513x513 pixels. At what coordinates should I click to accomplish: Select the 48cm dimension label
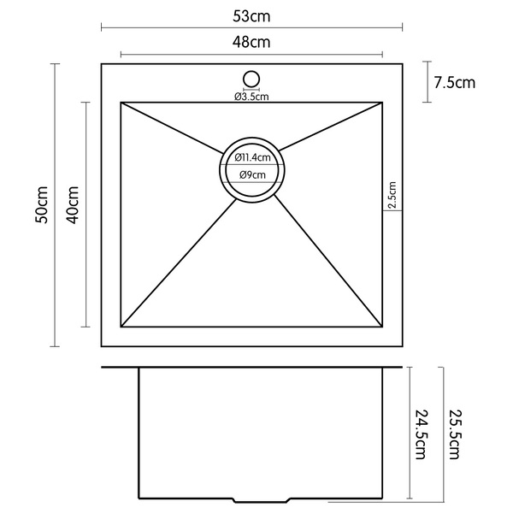(x=251, y=41)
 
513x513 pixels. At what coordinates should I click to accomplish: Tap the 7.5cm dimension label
(x=454, y=83)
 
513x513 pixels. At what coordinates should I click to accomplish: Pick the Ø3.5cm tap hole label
(x=251, y=96)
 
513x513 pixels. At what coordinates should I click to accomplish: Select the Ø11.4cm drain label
(x=252, y=156)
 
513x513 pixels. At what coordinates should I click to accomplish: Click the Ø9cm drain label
(x=252, y=174)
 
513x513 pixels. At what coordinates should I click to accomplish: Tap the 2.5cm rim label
(x=392, y=197)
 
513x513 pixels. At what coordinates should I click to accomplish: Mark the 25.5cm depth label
(x=454, y=433)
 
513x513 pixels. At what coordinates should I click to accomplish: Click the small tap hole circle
(x=251, y=79)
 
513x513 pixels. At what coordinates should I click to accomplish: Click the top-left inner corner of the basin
(x=121, y=103)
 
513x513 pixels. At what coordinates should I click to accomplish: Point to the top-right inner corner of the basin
(x=382, y=103)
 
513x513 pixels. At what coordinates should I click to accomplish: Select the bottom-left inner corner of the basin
(x=121, y=327)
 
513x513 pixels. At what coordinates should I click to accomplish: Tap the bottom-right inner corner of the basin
(x=382, y=327)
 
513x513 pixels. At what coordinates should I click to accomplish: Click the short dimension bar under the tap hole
(x=251, y=89)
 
